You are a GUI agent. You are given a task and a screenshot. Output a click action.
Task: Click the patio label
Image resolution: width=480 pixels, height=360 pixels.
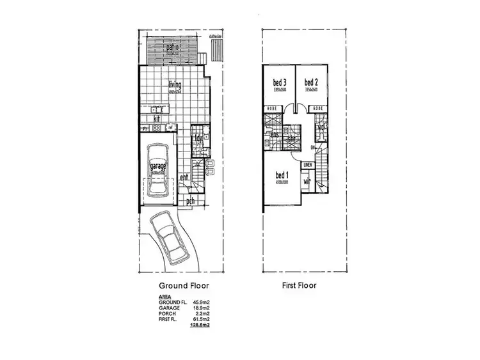coord(172,48)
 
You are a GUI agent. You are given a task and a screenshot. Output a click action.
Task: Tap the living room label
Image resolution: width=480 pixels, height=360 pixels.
coord(175,85)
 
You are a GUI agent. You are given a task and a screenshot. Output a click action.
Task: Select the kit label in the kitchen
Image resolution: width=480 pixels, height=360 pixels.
coord(156,118)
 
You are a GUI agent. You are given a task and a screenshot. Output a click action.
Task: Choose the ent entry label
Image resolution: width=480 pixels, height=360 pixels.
coord(184,177)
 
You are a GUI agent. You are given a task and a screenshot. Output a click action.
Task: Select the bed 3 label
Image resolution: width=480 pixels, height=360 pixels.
coord(279,82)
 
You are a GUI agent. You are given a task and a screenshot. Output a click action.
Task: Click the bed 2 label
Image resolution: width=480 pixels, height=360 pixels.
coord(310,82)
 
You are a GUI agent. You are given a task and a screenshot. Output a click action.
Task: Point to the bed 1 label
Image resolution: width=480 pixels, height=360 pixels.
coord(282,175)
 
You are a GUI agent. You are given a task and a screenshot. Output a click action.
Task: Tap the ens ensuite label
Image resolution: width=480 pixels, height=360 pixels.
coord(274,135)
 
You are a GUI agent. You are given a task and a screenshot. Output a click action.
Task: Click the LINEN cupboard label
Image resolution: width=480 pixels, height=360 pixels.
coord(308,165)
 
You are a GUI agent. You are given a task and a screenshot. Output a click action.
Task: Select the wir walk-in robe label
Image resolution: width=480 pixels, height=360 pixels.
coord(307,182)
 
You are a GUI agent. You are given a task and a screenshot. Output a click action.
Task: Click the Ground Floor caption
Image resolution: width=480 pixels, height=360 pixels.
coord(184,286)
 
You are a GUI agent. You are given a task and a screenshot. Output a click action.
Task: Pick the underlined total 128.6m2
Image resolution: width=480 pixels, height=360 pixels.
coord(201,325)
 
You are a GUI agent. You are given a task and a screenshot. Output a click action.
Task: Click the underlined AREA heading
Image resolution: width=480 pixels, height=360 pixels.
coord(164,298)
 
